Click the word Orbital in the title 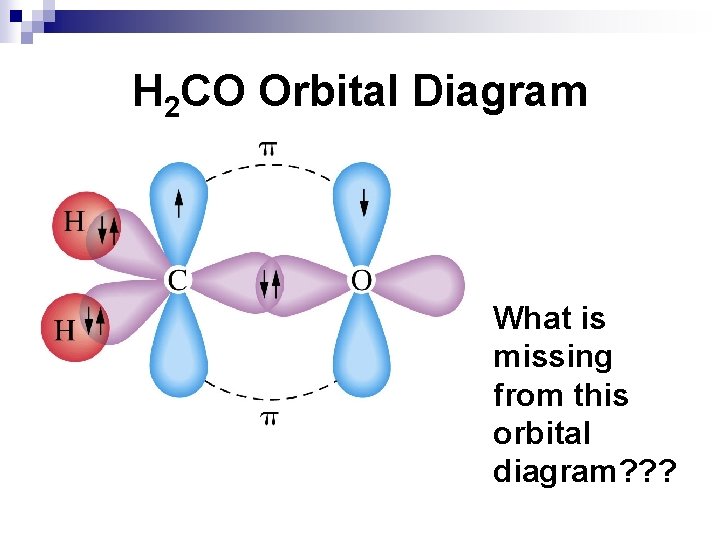click(329, 92)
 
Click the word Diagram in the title click(499, 92)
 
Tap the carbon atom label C click(177, 280)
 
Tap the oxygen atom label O click(361, 280)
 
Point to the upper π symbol click(268, 148)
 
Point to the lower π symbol click(268, 418)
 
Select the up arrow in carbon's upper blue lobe click(178, 204)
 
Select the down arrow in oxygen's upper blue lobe click(364, 204)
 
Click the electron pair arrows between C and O click(270, 284)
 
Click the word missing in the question click(552, 357)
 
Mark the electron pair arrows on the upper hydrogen click(109, 232)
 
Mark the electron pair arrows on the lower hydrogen click(95, 320)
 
